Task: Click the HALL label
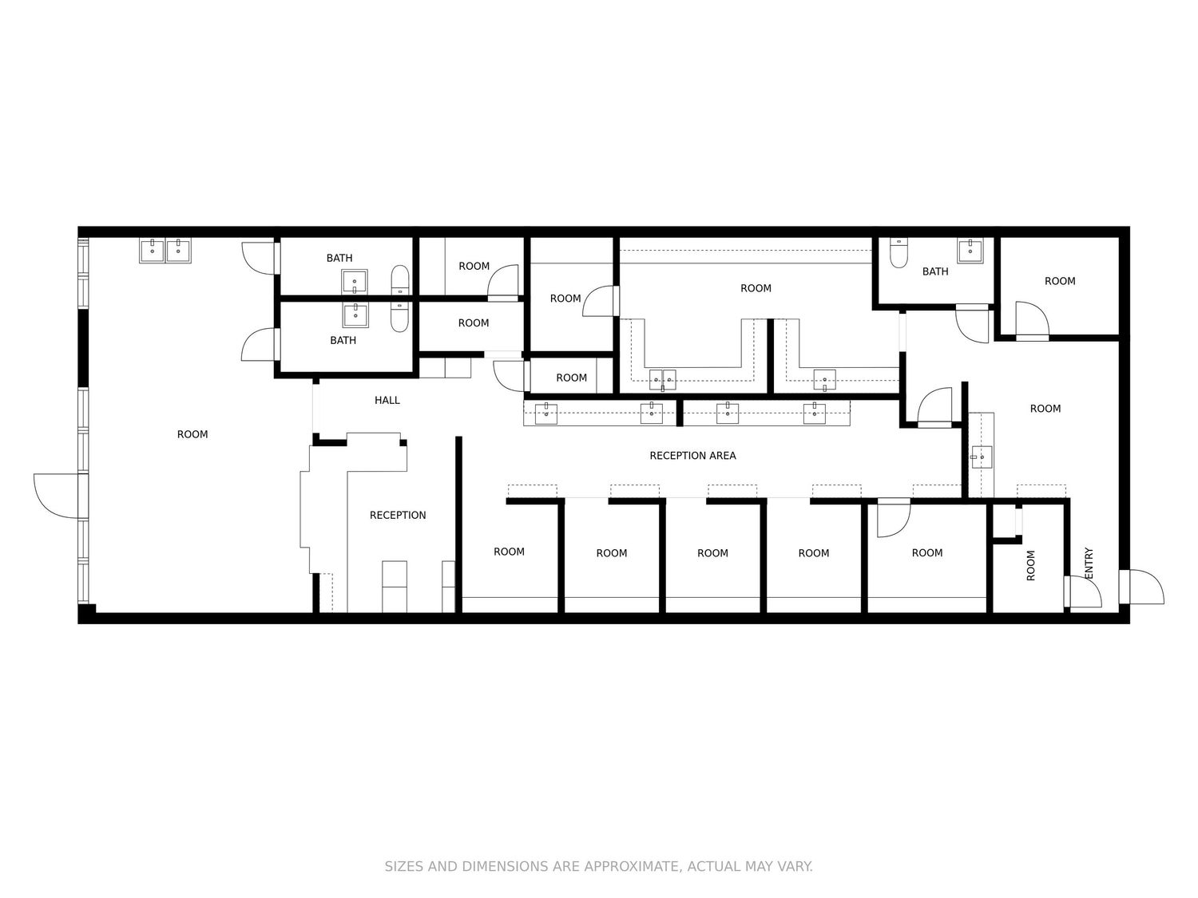pyautogui.click(x=387, y=400)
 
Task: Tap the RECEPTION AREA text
pyautogui.click(x=692, y=455)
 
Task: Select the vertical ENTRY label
pyautogui.click(x=1089, y=564)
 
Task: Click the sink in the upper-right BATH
pyautogui.click(x=970, y=251)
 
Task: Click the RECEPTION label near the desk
pyautogui.click(x=397, y=515)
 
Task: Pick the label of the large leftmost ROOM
pyautogui.click(x=192, y=434)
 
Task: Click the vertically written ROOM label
pyautogui.click(x=1030, y=565)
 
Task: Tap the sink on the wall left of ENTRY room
pyautogui.click(x=982, y=457)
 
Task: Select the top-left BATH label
pyautogui.click(x=339, y=258)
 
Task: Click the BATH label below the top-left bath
pyautogui.click(x=343, y=340)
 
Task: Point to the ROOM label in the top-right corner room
pyautogui.click(x=1059, y=281)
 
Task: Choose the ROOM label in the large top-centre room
pyautogui.click(x=756, y=288)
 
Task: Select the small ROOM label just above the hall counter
pyautogui.click(x=571, y=378)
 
